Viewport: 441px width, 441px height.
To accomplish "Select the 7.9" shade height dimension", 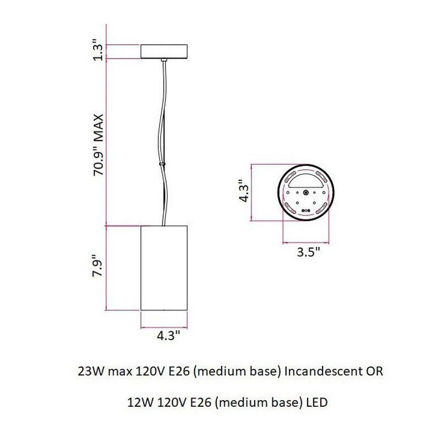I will (98, 267).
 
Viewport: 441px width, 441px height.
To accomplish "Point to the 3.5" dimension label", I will (308, 254).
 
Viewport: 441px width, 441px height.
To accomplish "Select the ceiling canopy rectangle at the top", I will (165, 51).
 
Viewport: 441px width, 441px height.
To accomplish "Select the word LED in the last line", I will (317, 402).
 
